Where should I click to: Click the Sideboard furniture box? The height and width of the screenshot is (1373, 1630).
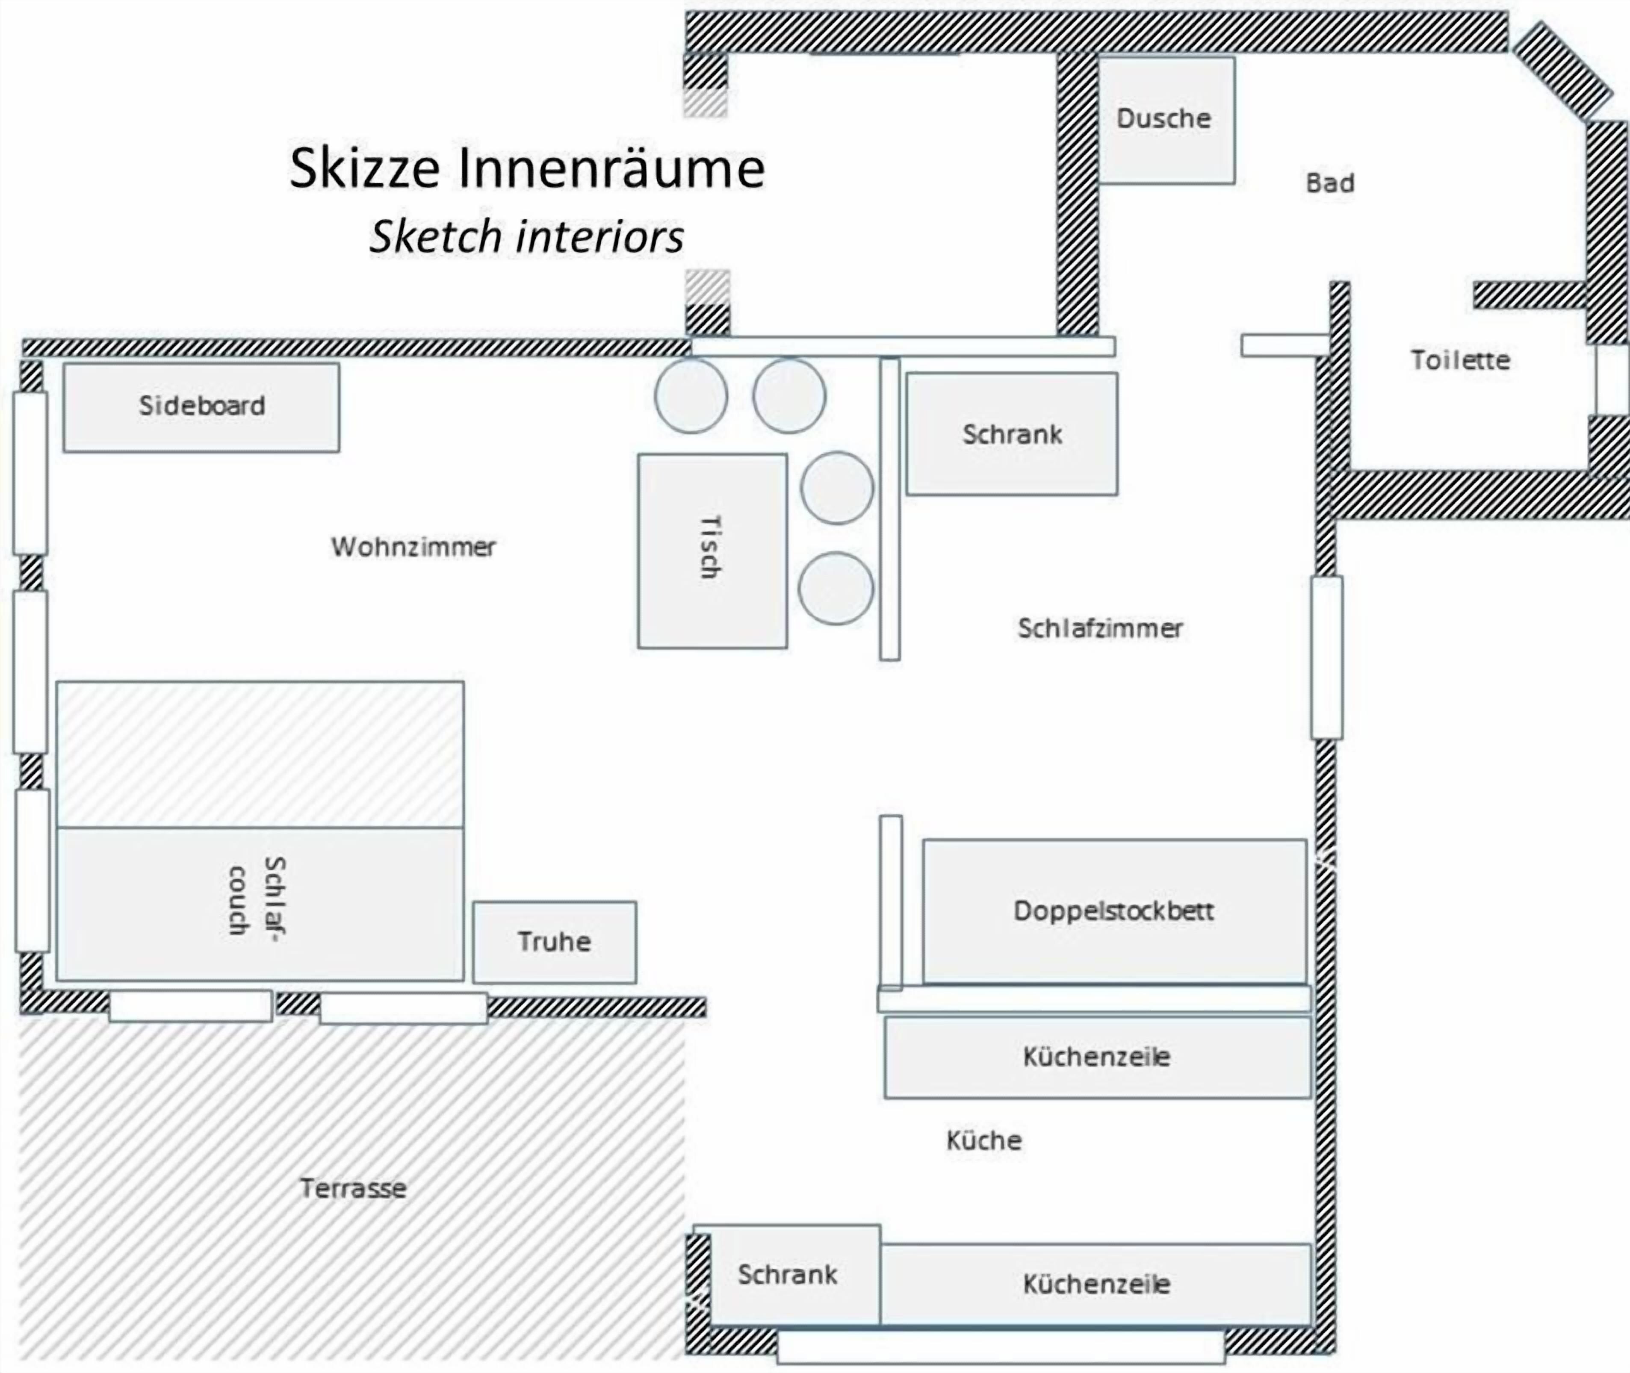(x=201, y=407)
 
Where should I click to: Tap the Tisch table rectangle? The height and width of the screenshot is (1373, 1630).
(x=712, y=551)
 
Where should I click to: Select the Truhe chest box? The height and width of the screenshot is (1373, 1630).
(x=554, y=942)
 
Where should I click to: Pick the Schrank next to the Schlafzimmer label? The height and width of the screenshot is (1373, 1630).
(x=1012, y=433)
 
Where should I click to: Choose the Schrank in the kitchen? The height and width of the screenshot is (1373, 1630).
(x=787, y=1274)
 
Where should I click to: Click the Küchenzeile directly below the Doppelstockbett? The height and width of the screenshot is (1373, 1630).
(x=1097, y=1057)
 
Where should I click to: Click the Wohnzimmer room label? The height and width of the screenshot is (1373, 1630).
(x=413, y=547)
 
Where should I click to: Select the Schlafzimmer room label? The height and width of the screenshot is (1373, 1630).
(x=1100, y=628)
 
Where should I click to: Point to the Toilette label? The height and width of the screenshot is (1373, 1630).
(x=1460, y=359)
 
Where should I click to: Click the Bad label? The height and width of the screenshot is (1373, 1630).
(x=1329, y=183)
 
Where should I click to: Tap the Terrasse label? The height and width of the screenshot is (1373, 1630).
(x=353, y=1188)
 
